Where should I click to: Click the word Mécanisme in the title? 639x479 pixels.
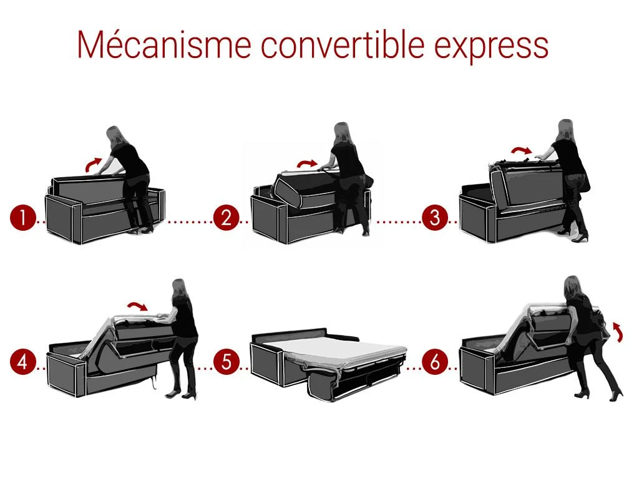click(163, 44)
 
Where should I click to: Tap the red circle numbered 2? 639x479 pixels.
click(226, 219)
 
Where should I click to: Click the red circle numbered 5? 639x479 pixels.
click(226, 362)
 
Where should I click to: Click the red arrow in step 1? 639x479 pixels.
click(94, 163)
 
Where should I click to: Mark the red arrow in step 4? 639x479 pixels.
click(137, 306)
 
